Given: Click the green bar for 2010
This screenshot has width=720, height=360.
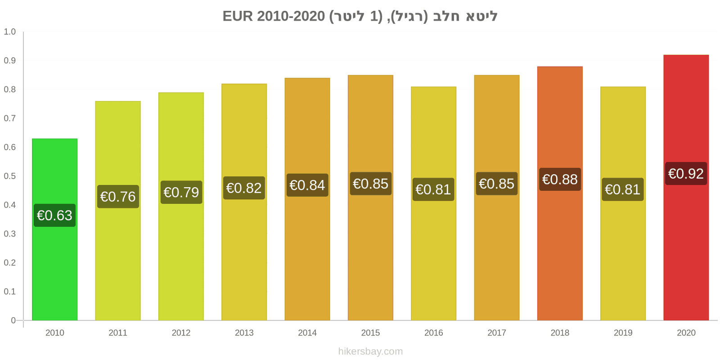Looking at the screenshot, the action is click(x=54, y=229).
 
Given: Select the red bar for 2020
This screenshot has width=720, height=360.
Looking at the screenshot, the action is click(x=686, y=188).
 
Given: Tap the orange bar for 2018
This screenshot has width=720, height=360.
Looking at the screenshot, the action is click(x=560, y=193).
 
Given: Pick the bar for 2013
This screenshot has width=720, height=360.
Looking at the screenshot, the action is click(x=244, y=202).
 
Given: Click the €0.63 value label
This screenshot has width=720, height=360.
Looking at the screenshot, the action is click(x=54, y=216).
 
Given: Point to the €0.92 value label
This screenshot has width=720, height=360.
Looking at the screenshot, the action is click(x=686, y=174).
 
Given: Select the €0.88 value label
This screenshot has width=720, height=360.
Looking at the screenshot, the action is click(x=560, y=180).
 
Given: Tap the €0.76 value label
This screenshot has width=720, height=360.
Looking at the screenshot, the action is click(x=118, y=197).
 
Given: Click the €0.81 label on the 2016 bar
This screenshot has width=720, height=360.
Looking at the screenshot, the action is click(x=433, y=189).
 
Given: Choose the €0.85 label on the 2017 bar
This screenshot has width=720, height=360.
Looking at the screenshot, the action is click(x=497, y=184).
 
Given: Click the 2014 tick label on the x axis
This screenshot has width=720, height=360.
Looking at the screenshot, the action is click(x=307, y=333).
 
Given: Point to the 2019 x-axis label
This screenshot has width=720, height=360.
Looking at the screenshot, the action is click(x=623, y=333).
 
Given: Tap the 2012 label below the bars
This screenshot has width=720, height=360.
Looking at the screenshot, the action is click(x=181, y=333).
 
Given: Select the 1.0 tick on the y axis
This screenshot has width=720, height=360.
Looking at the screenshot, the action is click(x=9, y=32).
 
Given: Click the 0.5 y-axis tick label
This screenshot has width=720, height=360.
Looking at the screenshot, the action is click(x=9, y=176).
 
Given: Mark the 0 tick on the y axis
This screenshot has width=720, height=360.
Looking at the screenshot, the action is click(x=13, y=320).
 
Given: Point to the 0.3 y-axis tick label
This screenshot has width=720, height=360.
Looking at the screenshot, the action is click(x=9, y=234).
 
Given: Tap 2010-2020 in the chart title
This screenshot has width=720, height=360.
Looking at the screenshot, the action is click(x=291, y=16).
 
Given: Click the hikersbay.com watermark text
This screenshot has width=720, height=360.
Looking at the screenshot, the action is click(x=370, y=351).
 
